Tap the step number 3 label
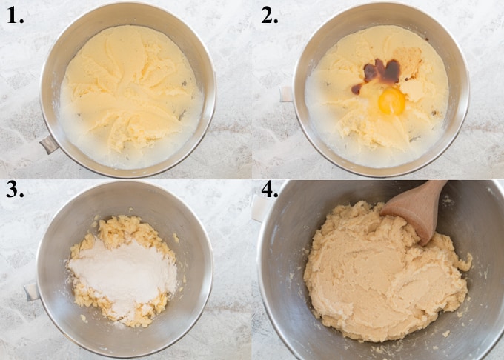(x=15, y=194)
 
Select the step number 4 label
(x=270, y=194)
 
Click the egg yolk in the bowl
(x=391, y=101)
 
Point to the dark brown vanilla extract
(x=381, y=72)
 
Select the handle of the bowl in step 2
(x=286, y=94)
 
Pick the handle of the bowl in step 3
(x=32, y=291)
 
